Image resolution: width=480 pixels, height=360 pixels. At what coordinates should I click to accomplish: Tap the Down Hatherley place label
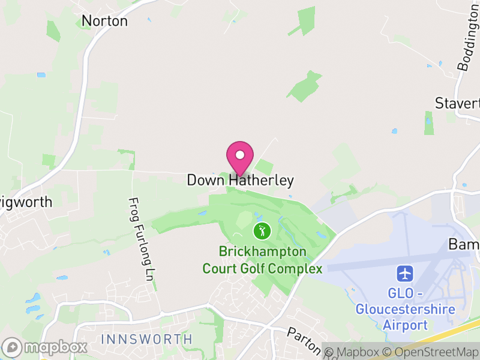click(240, 180)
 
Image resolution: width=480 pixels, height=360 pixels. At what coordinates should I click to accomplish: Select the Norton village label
click(104, 21)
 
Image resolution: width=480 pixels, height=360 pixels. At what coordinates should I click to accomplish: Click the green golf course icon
click(261, 230)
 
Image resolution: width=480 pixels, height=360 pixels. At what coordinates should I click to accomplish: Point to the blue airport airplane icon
click(406, 274)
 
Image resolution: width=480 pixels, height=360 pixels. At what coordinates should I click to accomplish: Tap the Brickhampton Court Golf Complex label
click(262, 260)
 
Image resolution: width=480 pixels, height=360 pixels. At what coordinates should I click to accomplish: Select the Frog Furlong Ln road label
click(142, 239)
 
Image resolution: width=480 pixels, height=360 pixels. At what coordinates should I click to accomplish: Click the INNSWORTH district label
click(147, 339)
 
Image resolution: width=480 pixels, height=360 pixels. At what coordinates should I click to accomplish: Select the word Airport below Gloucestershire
click(406, 325)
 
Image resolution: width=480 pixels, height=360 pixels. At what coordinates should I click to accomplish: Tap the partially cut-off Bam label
click(464, 245)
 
